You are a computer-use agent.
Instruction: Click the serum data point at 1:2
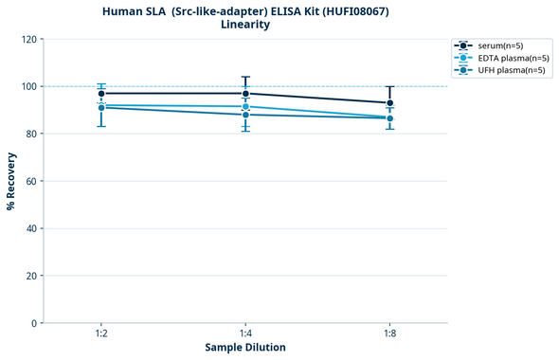point(101,94)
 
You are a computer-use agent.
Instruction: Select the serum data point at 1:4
point(245,94)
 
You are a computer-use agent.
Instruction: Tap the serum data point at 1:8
point(390,103)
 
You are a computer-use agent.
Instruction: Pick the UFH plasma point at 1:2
point(101,108)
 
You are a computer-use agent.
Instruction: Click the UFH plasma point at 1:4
point(245,115)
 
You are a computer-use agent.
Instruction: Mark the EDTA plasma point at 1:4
point(245,106)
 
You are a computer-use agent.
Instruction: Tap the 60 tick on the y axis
point(30,181)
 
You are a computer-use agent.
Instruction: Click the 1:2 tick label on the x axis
point(101,333)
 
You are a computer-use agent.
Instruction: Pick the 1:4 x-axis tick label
point(245,333)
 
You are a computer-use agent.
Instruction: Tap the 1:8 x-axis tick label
point(390,333)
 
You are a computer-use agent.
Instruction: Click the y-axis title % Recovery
point(11,181)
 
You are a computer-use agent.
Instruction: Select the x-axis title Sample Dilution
point(245,348)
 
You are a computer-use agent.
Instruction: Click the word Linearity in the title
point(244,25)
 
